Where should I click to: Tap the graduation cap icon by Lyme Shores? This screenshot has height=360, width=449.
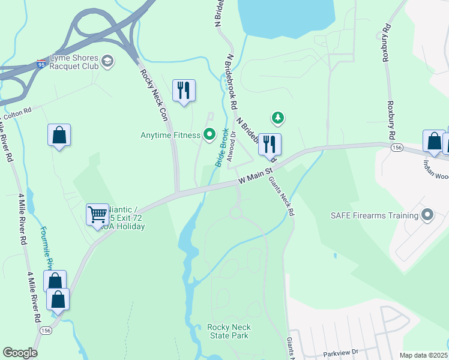pyautogui.click(x=107, y=61)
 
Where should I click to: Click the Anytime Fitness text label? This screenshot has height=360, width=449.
pyautogui.click(x=170, y=136)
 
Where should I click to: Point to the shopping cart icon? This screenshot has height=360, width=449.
pyautogui.click(x=97, y=213)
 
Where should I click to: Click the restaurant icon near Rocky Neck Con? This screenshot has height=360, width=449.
pyautogui.click(x=184, y=90)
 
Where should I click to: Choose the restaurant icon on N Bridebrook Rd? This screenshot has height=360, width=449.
pyautogui.click(x=270, y=143)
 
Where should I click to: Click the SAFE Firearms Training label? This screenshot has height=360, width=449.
pyautogui.click(x=375, y=215)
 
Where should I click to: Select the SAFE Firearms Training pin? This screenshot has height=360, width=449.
pyautogui.click(x=427, y=215)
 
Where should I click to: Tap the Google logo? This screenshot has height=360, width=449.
pyautogui.click(x=20, y=353)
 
